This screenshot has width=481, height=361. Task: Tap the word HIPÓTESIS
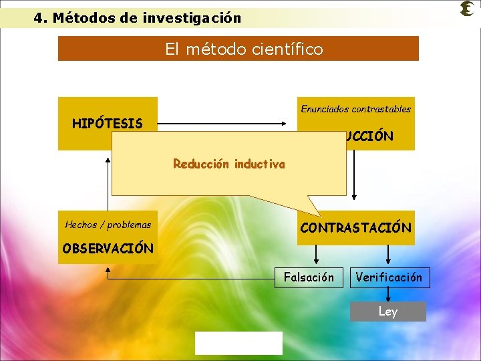pyautogui.click(x=107, y=124)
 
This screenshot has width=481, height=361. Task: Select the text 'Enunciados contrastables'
pyautogui.click(x=355, y=108)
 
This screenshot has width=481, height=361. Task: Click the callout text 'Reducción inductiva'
pyautogui.click(x=228, y=164)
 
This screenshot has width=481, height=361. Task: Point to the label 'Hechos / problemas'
pyautogui.click(x=108, y=225)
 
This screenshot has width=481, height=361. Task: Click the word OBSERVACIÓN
pyautogui.click(x=108, y=248)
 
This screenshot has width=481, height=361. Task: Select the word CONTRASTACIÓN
pyautogui.click(x=355, y=227)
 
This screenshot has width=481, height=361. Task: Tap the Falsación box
pyautogui.click(x=309, y=277)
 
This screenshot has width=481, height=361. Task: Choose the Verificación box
pyautogui.click(x=389, y=277)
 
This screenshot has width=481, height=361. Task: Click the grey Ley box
pyautogui.click(x=387, y=312)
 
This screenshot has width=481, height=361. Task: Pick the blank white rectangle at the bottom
pyautogui.click(x=238, y=343)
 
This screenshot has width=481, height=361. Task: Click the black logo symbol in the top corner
pyautogui.click(x=467, y=9)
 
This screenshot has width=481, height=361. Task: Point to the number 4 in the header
pyautogui.click(x=38, y=18)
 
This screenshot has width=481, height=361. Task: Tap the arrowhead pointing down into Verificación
pyautogui.click(x=389, y=261)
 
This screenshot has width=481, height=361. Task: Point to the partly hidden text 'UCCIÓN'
pyautogui.click(x=369, y=136)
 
